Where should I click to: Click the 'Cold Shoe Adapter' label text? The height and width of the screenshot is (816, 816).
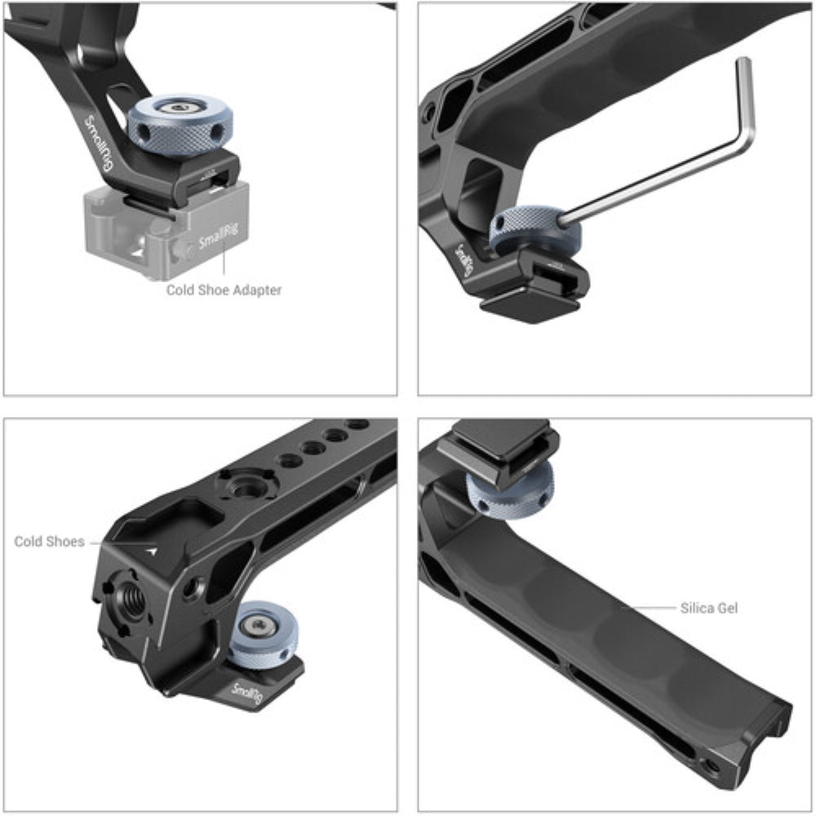tap(224, 290)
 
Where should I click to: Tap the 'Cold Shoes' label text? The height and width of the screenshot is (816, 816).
tap(49, 541)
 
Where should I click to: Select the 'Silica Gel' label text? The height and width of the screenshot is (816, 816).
tap(709, 608)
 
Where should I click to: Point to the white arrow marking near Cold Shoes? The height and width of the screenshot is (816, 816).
tap(150, 552)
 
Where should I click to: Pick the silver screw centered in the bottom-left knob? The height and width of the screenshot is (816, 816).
tap(259, 625)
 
